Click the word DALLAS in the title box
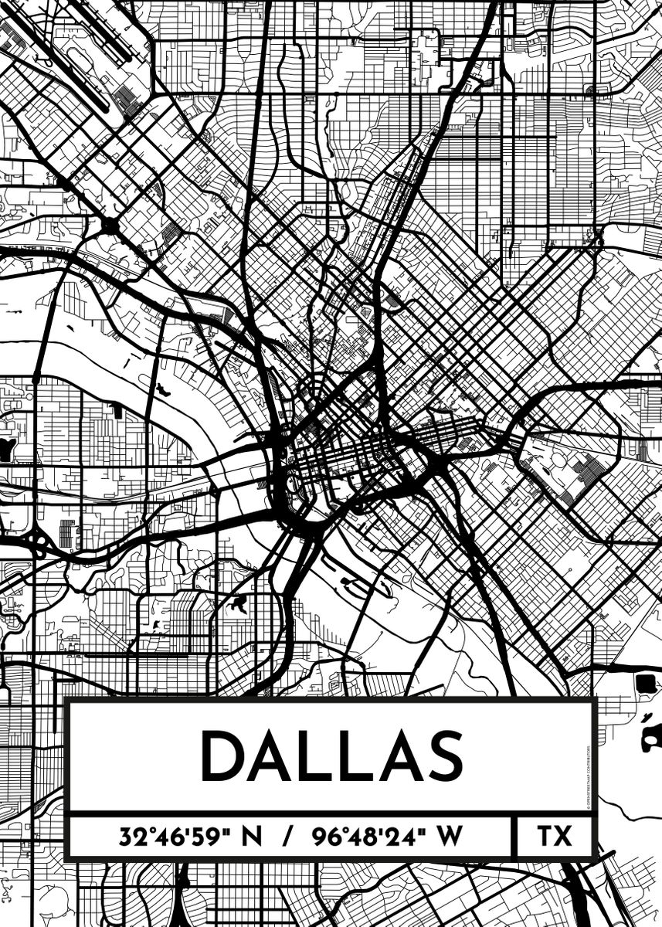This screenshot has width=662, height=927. [331, 756]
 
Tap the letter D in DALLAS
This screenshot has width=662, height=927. [223, 756]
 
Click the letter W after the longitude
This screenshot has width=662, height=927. [447, 837]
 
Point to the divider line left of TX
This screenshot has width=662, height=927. [514, 837]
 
